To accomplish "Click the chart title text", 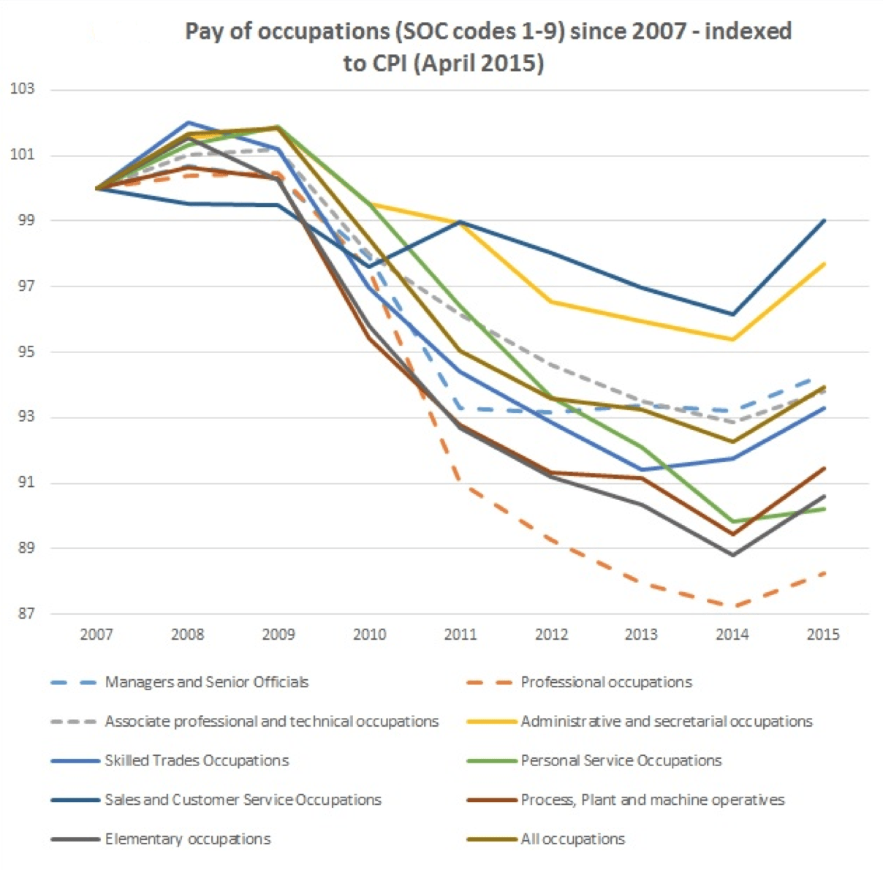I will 488,47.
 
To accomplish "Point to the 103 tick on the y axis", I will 22,89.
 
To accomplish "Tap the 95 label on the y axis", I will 22,352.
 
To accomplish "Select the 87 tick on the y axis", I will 22,614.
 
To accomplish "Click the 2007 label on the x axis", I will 96,635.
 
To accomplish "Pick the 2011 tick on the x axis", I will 460,635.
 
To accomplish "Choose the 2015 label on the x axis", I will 823,635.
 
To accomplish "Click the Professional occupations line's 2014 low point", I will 732,606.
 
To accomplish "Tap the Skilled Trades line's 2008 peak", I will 188,122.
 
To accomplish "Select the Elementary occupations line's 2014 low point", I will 732,556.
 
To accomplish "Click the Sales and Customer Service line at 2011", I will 460,222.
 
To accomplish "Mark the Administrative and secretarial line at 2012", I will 551,301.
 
